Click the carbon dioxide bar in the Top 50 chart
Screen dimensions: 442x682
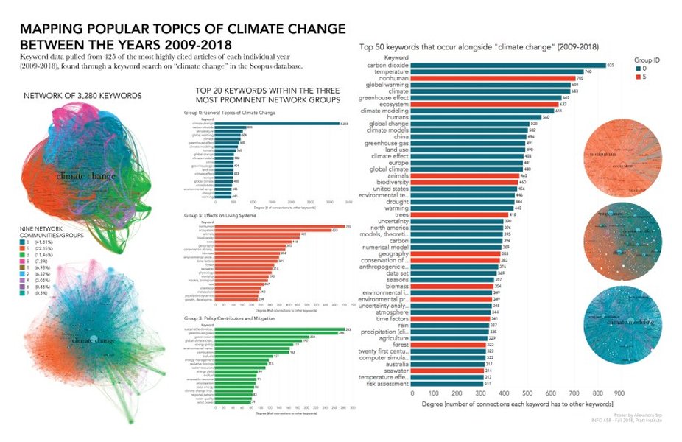click(508, 65)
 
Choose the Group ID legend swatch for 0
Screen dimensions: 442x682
click(638, 66)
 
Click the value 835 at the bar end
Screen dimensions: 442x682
click(611, 65)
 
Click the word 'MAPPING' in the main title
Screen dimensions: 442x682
click(55, 29)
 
